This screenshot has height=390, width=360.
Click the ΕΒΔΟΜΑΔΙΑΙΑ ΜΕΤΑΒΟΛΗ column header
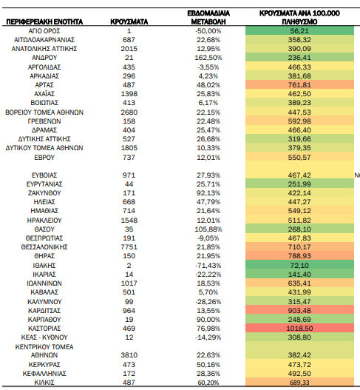(x=208, y=18)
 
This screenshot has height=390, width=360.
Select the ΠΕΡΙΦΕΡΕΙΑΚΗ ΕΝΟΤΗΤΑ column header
(x=44, y=22)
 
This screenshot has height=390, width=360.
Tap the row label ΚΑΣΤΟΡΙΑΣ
(x=44, y=329)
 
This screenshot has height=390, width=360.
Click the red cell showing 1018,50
(x=299, y=329)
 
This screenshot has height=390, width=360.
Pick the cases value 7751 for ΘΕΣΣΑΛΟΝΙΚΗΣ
(x=129, y=247)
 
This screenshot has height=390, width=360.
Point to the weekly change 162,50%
(x=208, y=58)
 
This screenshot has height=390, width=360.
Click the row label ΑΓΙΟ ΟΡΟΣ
(x=44, y=31)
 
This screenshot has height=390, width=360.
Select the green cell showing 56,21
(x=299, y=31)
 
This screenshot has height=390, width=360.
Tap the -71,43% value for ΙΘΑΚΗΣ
(x=208, y=266)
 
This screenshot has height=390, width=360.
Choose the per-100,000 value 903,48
(x=299, y=311)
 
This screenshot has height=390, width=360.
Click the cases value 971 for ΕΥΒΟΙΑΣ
(x=129, y=175)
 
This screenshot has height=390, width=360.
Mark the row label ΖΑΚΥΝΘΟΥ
(x=44, y=193)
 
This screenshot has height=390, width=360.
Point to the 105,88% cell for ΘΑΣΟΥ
(x=208, y=229)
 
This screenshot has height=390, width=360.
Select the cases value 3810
(x=129, y=355)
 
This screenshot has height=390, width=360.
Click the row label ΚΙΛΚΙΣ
(x=44, y=383)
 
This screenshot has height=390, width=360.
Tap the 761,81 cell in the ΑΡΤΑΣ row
(x=299, y=85)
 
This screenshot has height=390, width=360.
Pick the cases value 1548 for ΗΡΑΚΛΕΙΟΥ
(x=129, y=221)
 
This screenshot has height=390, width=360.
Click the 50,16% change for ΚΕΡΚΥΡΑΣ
(x=208, y=365)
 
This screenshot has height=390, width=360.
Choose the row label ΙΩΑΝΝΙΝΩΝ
(x=44, y=283)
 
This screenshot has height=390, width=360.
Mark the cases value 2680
(x=129, y=112)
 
